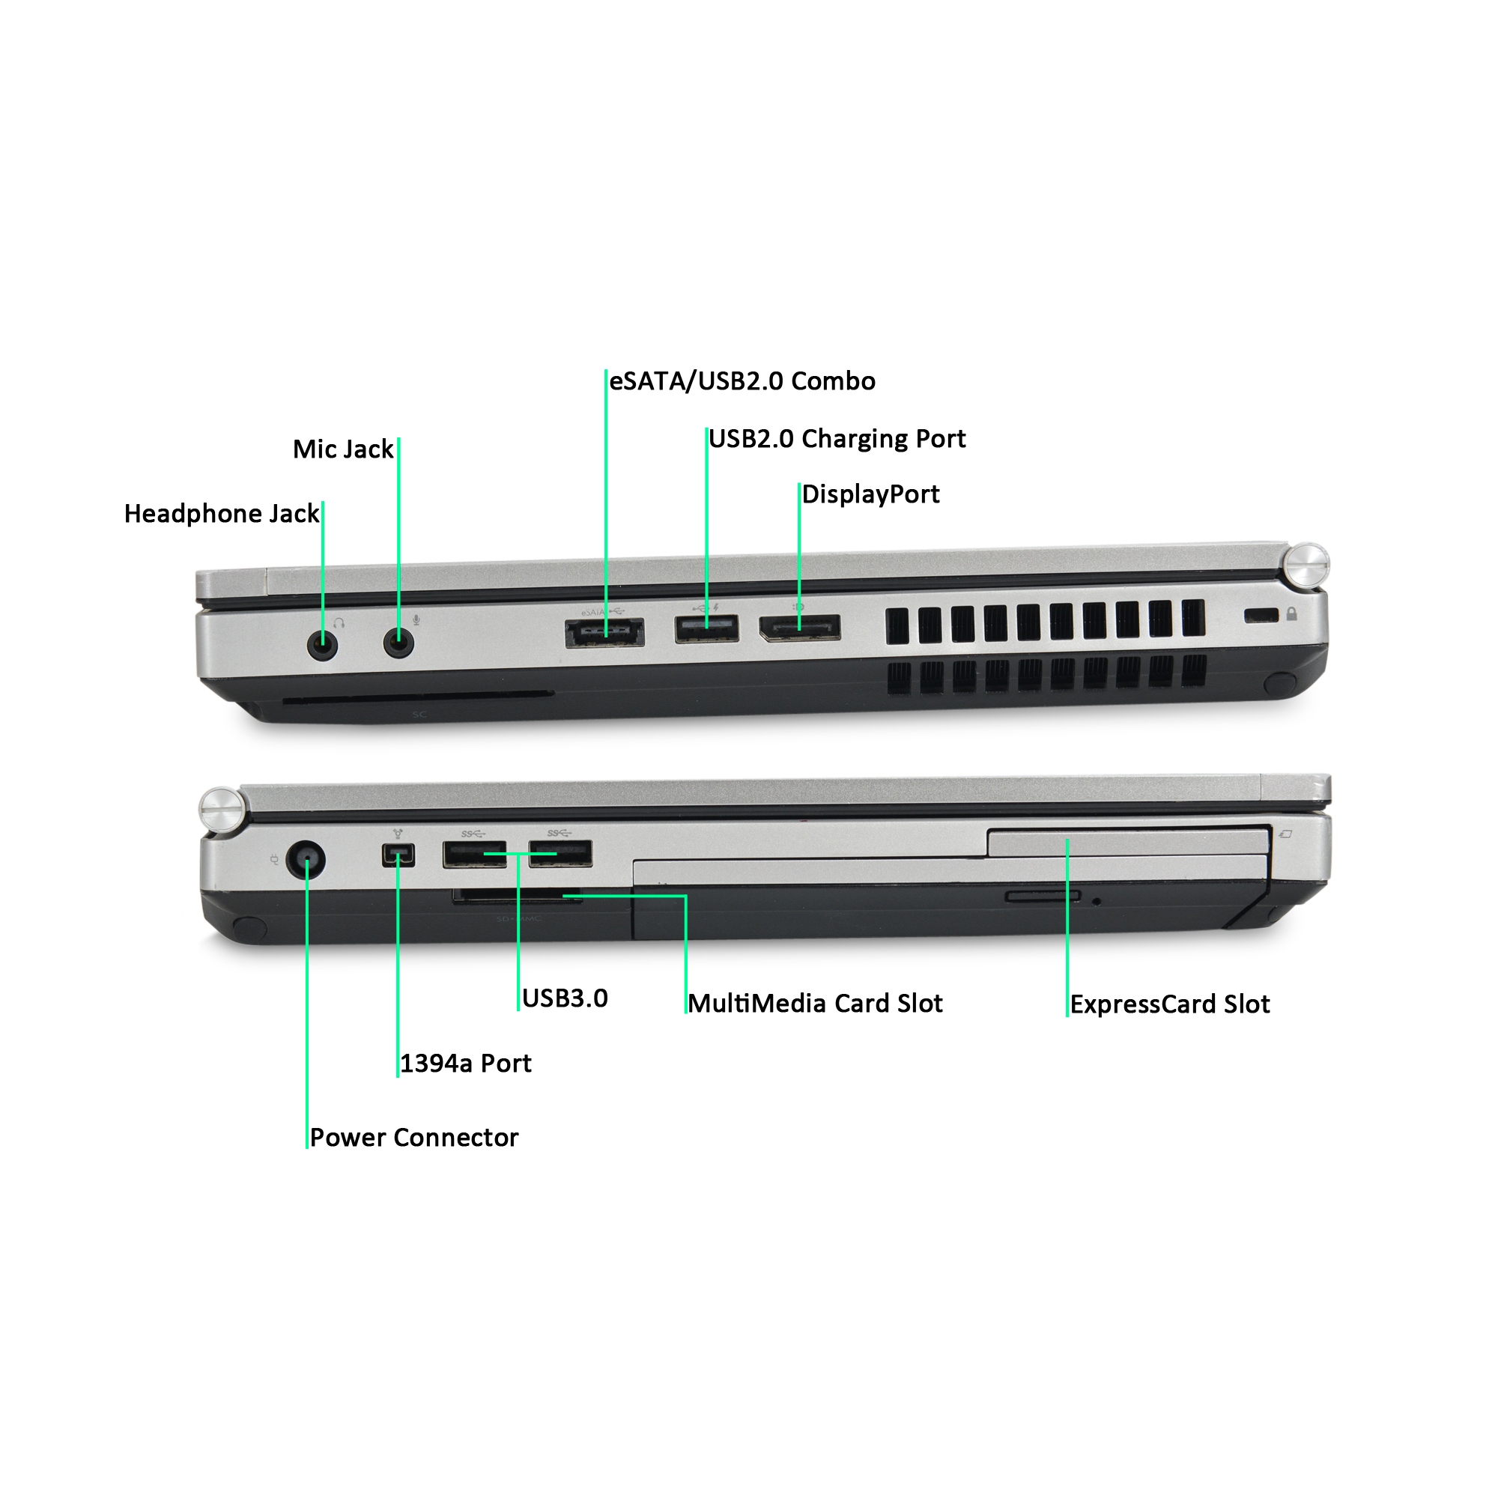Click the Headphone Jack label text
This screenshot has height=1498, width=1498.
point(221,513)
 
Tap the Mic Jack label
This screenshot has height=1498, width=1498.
point(343,449)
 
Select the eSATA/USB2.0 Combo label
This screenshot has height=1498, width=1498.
point(742,380)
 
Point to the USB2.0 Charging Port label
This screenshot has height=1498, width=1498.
point(837,439)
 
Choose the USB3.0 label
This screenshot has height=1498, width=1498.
point(565,998)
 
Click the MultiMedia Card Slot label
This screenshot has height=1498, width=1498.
point(815,1004)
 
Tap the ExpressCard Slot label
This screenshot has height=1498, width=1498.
point(1169,1004)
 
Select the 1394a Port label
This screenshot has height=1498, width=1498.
point(465,1063)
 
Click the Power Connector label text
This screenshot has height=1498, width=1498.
point(414,1138)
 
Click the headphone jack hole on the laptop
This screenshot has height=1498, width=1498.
point(323,643)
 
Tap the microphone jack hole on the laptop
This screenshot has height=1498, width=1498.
point(398,643)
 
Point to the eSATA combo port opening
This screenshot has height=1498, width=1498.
point(604,634)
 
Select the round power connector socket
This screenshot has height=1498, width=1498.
point(306,860)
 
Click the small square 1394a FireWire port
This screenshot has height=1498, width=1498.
point(398,855)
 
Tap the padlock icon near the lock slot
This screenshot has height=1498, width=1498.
point(1292,614)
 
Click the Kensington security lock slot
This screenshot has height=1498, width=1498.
point(1261,616)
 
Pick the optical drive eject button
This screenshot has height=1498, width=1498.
point(1042,897)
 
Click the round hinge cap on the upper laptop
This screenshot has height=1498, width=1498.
point(1308,565)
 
